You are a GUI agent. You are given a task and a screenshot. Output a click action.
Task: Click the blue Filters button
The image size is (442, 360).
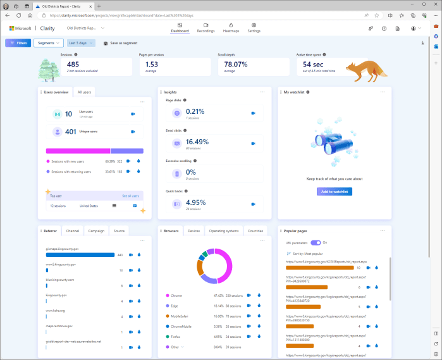18,43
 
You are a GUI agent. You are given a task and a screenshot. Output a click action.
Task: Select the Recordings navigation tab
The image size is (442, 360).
206,28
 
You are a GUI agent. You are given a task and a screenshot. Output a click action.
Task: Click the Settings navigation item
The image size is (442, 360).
254,28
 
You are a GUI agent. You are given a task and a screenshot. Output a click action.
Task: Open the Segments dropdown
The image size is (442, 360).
48,43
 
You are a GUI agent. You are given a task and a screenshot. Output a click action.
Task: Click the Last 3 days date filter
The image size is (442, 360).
81,43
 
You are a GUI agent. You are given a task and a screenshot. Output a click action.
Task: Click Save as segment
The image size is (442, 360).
121,43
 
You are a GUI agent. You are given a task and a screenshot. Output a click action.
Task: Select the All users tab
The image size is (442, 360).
84,92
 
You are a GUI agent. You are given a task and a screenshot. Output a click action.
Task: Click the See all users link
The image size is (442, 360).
130,196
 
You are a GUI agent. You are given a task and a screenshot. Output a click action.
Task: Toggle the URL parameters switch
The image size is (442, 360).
316,242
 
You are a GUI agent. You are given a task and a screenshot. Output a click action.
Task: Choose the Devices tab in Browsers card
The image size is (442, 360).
193,232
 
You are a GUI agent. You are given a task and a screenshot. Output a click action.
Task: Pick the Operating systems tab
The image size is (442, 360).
224,232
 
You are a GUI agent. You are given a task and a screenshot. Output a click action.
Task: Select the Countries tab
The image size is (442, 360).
255,232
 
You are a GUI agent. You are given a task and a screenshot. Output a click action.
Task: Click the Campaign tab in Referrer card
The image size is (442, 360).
96,232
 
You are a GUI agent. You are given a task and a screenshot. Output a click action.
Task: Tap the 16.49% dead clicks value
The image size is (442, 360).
197,142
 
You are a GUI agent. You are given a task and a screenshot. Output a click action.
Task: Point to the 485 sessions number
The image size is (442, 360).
73,65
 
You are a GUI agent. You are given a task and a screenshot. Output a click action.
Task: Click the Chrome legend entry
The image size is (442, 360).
176,295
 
